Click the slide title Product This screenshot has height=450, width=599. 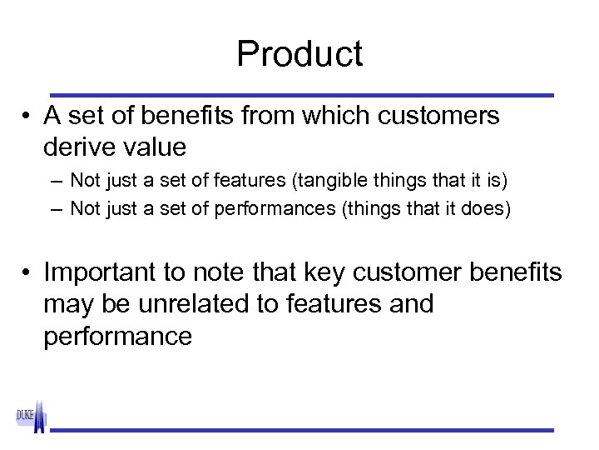pyautogui.click(x=299, y=55)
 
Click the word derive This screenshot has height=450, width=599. pyautogui.click(x=82, y=147)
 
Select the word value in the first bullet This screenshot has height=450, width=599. pyautogui.click(x=155, y=147)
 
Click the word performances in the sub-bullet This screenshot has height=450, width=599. pyautogui.click(x=275, y=208)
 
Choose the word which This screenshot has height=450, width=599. pyautogui.click(x=332, y=116)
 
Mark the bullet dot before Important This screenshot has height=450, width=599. pyautogui.click(x=27, y=273)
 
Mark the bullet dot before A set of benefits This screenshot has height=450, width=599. pyautogui.click(x=27, y=117)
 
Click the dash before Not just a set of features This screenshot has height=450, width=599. pyautogui.click(x=55, y=180)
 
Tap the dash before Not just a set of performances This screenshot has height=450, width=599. pyautogui.click(x=55, y=208)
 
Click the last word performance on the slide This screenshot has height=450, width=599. pyautogui.click(x=117, y=336)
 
